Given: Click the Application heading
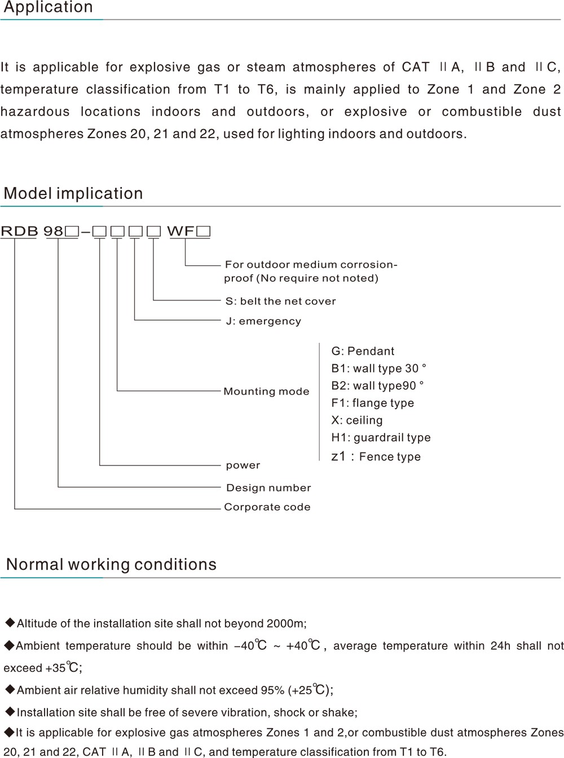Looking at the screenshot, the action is (49, 7).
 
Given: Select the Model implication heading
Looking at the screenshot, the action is (73, 193).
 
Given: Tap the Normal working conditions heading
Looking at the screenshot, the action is (112, 564).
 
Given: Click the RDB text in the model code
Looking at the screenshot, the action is (19, 232).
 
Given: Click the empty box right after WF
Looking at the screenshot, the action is (204, 232).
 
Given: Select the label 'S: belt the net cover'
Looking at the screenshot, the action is (280, 301).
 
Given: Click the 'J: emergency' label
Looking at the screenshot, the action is (263, 321).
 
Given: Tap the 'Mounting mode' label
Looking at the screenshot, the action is (266, 391).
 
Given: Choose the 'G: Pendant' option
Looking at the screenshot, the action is (363, 351).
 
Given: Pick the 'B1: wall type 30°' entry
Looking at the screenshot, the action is (378, 368).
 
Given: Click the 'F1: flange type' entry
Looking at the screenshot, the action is (372, 403).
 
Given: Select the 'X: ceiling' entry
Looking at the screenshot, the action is (357, 420).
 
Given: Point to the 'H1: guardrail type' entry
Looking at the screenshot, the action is (381, 437).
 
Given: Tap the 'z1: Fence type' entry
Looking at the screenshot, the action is (376, 456).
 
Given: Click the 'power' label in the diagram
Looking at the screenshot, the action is (243, 465).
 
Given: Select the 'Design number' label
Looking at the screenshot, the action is (268, 487).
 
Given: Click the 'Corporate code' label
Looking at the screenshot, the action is (267, 507).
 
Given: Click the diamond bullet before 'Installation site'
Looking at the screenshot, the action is (11, 712).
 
